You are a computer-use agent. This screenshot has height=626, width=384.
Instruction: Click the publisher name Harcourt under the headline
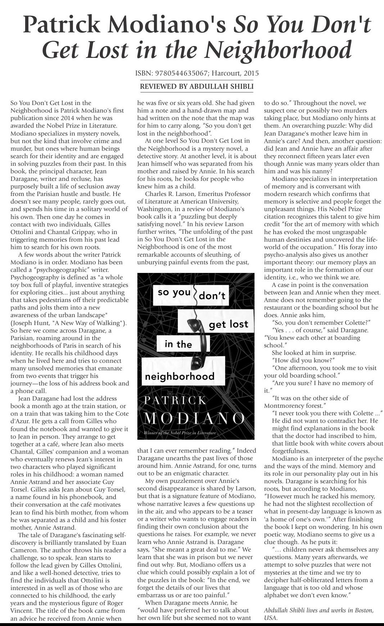(226, 73)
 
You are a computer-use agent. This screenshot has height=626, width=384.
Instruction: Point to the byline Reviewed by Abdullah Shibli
(197, 86)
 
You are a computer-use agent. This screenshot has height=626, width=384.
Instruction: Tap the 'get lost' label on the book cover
(228, 324)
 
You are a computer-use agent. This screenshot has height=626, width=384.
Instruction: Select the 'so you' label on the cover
(174, 292)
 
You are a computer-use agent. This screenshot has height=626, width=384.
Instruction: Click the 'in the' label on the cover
(178, 344)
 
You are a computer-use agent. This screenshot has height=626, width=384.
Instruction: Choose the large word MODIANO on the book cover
(195, 418)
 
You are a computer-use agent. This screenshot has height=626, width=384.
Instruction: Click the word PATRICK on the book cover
(175, 400)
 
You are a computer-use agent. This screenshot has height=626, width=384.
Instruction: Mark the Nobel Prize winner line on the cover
(180, 433)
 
